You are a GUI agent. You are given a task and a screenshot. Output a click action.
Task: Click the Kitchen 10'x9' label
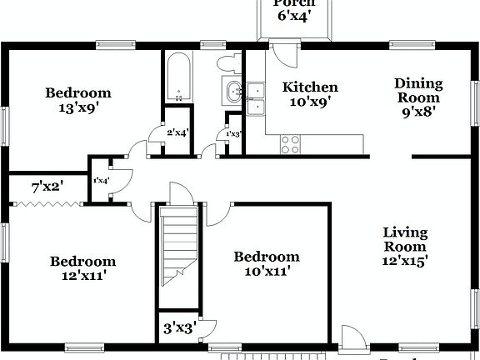310,94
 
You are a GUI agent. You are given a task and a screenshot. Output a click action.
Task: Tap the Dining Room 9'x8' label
418,94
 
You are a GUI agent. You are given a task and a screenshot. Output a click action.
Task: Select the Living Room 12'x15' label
406,246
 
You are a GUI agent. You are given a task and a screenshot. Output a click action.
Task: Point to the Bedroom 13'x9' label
77,100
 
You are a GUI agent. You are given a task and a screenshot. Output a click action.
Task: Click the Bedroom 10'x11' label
266,263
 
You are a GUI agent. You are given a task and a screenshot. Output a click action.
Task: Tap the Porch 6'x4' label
295,9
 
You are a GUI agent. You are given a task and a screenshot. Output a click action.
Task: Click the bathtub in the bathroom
177,77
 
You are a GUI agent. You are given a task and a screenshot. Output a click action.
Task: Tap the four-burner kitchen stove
290,144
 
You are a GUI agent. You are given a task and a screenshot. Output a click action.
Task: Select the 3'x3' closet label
179,327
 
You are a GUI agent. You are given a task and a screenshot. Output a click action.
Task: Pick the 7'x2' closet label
47,187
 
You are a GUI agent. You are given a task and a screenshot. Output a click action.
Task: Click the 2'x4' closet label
177,132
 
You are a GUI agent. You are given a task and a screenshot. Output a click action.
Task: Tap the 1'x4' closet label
101,180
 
